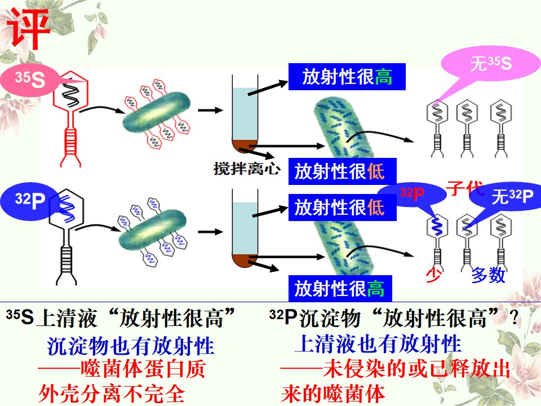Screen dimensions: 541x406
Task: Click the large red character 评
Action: [29, 28]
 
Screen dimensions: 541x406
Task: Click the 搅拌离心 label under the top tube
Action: [246, 169]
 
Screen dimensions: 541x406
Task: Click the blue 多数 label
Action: [489, 275]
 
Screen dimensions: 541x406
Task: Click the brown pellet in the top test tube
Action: [245, 145]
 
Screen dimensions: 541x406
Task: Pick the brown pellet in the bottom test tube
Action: [245, 261]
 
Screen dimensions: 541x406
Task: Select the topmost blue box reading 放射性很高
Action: [347, 77]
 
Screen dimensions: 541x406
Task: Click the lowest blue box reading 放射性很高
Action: [340, 289]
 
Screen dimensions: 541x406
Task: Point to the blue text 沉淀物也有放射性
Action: [130, 346]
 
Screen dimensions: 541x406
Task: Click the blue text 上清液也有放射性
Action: [378, 344]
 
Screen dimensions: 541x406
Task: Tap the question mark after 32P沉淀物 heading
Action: [514, 317]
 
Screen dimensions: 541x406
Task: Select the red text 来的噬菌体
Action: [332, 394]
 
